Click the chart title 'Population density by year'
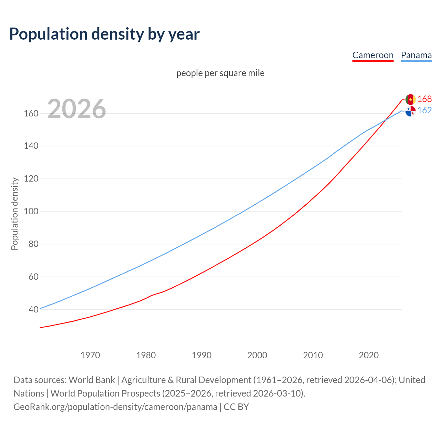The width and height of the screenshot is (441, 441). click(x=104, y=34)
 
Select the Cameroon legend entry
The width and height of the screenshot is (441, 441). click(x=373, y=55)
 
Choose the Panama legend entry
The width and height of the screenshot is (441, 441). click(x=416, y=55)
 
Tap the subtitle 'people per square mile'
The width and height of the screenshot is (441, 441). click(x=220, y=73)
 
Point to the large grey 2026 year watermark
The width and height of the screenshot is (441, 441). click(x=76, y=109)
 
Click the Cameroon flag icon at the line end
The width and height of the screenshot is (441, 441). click(x=410, y=99)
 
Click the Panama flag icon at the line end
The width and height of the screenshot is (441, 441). click(x=410, y=111)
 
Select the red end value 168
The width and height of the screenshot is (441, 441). click(x=424, y=99)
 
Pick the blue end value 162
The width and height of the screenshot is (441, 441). click(x=424, y=110)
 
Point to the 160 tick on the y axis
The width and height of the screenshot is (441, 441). click(x=31, y=113)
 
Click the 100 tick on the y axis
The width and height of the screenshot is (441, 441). click(x=31, y=211)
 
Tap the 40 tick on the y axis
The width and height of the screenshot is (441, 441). click(x=33, y=309)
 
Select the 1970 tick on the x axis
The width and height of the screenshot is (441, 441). click(x=90, y=355)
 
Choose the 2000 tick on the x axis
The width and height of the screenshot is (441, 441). click(x=257, y=355)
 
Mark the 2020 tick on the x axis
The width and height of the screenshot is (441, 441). click(x=369, y=355)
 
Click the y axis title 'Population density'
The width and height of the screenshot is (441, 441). click(x=14, y=214)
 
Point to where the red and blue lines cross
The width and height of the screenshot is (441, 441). click(x=386, y=120)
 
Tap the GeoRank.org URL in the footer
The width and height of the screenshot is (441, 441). click(x=115, y=407)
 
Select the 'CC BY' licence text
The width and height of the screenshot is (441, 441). click(x=236, y=407)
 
